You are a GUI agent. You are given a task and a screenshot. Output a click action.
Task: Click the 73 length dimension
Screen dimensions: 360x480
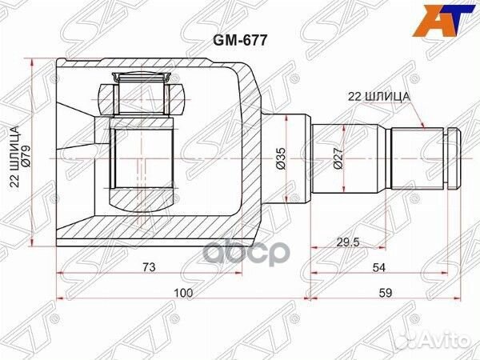[149, 266]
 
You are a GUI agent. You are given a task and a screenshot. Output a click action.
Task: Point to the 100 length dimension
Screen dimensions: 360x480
[184, 294]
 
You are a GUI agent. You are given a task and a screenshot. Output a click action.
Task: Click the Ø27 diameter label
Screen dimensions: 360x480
[338, 158]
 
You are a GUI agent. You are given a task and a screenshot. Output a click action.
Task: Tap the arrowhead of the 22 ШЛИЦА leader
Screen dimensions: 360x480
[423, 126]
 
